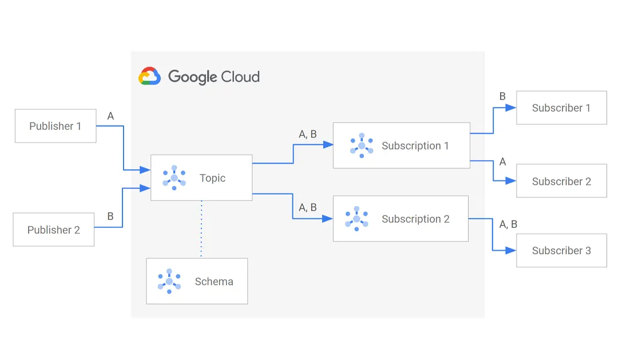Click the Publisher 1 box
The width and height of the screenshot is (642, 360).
(x=55, y=126)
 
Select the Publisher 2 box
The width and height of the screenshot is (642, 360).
(x=53, y=230)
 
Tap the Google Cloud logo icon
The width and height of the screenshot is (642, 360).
(x=150, y=76)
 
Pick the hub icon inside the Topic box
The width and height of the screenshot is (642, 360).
(x=174, y=177)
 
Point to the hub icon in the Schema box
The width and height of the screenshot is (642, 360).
(x=169, y=281)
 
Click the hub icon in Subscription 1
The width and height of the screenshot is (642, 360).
(x=362, y=145)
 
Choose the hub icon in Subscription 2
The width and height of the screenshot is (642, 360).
(x=356, y=219)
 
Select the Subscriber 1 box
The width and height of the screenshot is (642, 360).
(x=561, y=108)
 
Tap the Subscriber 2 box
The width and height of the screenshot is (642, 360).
(x=561, y=181)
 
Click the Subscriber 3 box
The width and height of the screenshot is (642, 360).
(x=561, y=250)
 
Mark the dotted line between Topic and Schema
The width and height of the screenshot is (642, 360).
(x=201, y=229)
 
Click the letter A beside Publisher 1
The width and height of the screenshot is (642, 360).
(x=110, y=116)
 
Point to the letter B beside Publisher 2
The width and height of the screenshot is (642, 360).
(x=110, y=216)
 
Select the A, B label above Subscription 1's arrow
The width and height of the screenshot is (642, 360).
(x=308, y=134)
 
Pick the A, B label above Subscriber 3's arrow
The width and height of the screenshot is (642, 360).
(x=508, y=224)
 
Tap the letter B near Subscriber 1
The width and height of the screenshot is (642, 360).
(x=502, y=96)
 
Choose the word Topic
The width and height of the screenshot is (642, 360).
(x=212, y=178)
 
